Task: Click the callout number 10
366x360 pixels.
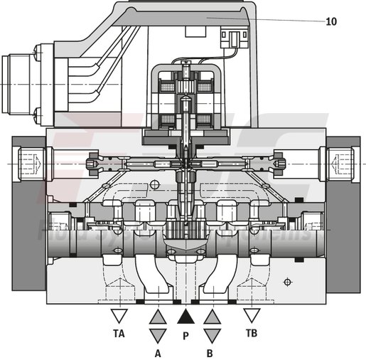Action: click(331, 21)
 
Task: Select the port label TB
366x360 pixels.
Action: click(251, 332)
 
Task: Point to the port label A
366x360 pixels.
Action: click(158, 351)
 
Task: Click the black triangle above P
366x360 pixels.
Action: click(185, 316)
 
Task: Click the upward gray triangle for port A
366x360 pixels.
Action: click(158, 316)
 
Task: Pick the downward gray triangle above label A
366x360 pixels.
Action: click(158, 334)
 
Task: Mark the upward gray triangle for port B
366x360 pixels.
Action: click(212, 316)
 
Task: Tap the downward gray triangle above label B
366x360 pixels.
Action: click(212, 334)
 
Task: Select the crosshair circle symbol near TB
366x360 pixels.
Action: click(287, 282)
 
